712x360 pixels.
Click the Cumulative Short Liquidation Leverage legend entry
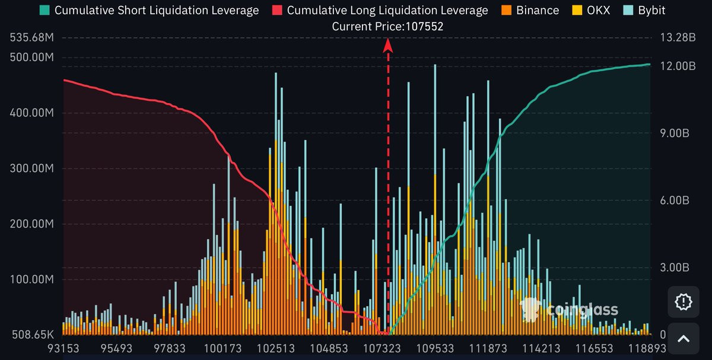(x=156, y=10)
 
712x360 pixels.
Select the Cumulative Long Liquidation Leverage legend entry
(x=387, y=10)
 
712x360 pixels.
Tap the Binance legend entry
(x=537, y=10)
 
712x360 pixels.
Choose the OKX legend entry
(x=597, y=10)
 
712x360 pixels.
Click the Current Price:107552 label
(x=387, y=26)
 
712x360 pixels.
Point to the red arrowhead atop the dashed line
(x=388, y=45)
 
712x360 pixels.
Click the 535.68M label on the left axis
(x=32, y=38)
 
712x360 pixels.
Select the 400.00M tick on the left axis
(x=32, y=113)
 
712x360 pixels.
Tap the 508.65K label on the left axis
(x=32, y=334)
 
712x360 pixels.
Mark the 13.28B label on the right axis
(x=676, y=38)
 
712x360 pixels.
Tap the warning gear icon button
(x=684, y=302)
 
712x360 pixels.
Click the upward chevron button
(x=684, y=339)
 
